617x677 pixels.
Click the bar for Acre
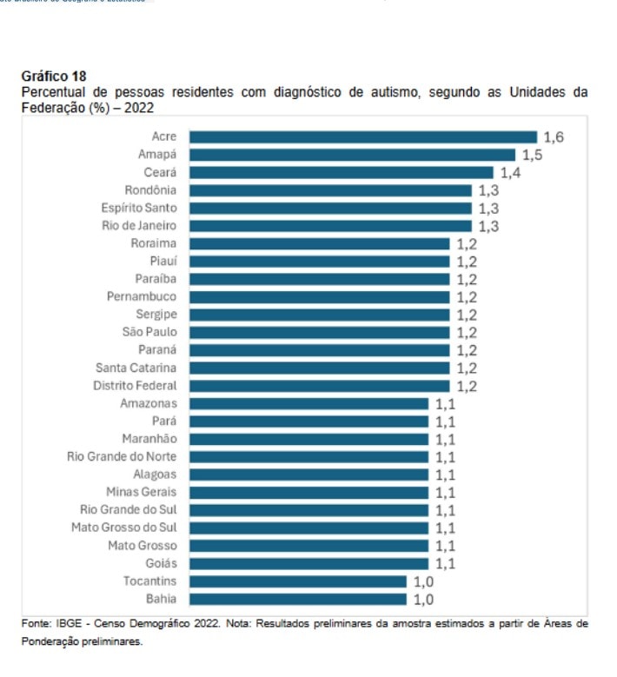362,136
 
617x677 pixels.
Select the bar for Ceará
341,172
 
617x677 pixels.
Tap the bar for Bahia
297,599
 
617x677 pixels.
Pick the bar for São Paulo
319,332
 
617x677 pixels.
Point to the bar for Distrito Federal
319,386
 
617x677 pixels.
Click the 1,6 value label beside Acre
554,137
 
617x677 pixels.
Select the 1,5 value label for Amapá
532,155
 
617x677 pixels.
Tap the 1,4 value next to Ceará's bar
510,173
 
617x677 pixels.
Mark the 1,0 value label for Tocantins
423,581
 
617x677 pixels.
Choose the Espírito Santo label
139,208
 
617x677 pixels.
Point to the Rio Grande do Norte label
122,456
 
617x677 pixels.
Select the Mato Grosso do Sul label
124,528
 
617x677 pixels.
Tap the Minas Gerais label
142,492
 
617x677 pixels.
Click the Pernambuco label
142,296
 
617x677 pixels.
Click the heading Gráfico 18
53,76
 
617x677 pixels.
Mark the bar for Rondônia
330,190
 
